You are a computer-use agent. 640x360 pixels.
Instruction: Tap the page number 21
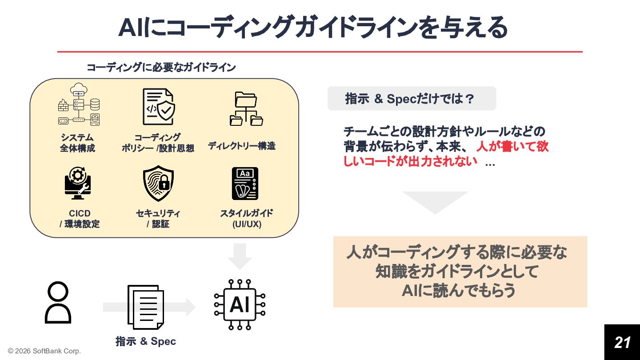pyautogui.click(x=622, y=342)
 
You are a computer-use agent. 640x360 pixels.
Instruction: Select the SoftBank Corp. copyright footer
pyautogui.click(x=44, y=351)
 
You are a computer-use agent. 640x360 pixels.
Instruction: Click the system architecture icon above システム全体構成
pyautogui.click(x=78, y=104)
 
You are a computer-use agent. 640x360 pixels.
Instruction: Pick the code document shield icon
pyautogui.click(x=158, y=107)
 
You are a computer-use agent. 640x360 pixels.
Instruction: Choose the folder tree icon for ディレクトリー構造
pyautogui.click(x=246, y=109)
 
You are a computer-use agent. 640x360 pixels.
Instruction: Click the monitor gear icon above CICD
pyautogui.click(x=77, y=183)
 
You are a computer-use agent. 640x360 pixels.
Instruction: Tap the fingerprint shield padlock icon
pyautogui.click(x=158, y=183)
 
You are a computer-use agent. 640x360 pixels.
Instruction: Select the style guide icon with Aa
pyautogui.click(x=245, y=184)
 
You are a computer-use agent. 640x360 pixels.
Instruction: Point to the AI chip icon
pyautogui.click(x=240, y=305)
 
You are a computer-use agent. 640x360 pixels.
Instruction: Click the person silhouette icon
pyautogui.click(x=58, y=302)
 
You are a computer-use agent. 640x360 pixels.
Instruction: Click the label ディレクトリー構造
pyautogui.click(x=241, y=146)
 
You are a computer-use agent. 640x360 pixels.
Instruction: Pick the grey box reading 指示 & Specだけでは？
pyautogui.click(x=412, y=99)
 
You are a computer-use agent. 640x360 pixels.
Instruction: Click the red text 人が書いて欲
pyautogui.click(x=512, y=146)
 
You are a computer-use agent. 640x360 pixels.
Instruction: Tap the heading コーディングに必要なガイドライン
pyautogui.click(x=161, y=68)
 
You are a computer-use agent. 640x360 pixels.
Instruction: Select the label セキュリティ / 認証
pyautogui.click(x=158, y=219)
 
